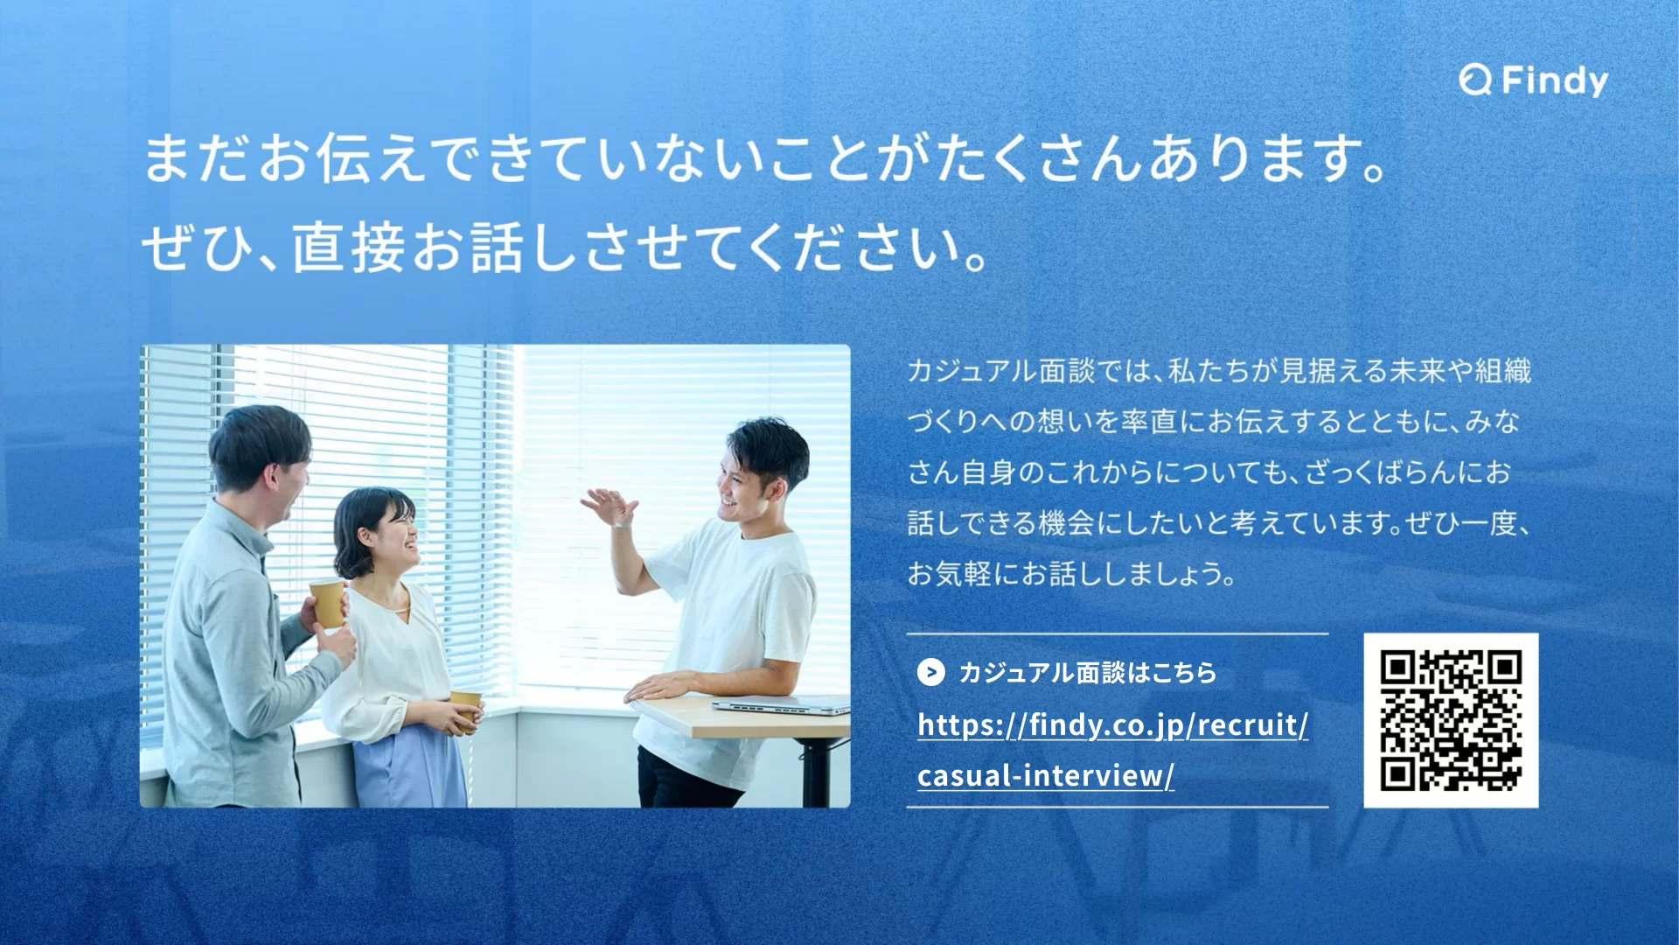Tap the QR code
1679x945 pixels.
1451,720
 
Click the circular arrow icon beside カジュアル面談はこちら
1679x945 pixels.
930,672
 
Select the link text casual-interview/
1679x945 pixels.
1046,776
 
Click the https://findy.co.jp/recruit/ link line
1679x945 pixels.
1113,725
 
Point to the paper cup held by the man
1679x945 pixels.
328,601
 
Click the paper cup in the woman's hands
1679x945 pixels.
466,707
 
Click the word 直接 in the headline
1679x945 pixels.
348,248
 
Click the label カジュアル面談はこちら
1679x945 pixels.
1088,673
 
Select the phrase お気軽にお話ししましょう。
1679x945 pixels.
1071,575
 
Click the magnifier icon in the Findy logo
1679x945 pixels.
1475,82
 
